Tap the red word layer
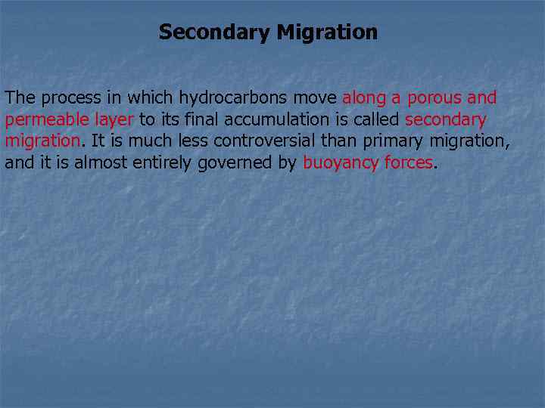click(114, 119)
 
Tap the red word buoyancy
click(336, 162)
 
